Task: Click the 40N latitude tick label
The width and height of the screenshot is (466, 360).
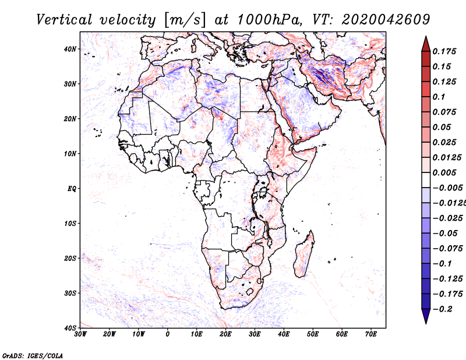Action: point(70,49)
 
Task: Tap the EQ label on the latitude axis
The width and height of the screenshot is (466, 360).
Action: point(72,189)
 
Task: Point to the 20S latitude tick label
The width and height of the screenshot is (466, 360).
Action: point(70,258)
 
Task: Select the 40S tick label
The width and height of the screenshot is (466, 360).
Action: point(70,328)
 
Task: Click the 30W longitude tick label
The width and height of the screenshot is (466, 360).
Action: point(80,334)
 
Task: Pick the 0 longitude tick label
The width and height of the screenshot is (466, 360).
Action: point(168,334)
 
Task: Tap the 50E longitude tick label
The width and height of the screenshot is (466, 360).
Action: point(313,334)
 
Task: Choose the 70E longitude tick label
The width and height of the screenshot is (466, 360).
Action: point(371,334)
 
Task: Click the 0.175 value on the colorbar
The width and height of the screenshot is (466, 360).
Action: point(444,51)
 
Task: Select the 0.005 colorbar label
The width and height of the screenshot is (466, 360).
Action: point(444,172)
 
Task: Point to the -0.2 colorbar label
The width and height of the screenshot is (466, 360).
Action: point(443,309)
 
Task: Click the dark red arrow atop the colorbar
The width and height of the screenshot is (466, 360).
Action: point(426,44)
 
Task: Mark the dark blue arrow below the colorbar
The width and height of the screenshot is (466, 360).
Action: point(426,316)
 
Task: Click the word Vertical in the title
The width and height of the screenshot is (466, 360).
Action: point(64,20)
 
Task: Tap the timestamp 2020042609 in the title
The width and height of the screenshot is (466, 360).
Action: point(386,20)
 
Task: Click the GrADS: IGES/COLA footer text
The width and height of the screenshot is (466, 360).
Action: point(33,355)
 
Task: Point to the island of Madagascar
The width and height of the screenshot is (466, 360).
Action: point(304,255)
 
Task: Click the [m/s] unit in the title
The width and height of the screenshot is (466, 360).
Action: point(185,20)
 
